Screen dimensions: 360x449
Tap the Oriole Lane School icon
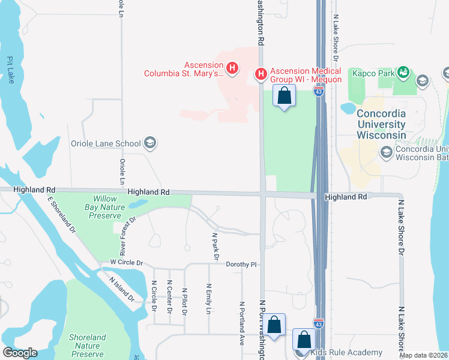pyautogui.click(x=149, y=143)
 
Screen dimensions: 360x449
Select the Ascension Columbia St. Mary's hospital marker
pyautogui.click(x=232, y=70)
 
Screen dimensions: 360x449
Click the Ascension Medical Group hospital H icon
pyautogui.click(x=261, y=74)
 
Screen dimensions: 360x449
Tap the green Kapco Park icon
pyautogui.click(x=403, y=73)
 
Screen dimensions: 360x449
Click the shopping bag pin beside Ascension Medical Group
pyautogui.click(x=284, y=95)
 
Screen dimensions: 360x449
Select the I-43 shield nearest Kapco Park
pyautogui.click(x=319, y=91)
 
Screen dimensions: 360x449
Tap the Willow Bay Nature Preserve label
pyautogui.click(x=100, y=207)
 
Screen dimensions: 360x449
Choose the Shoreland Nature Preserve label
pyautogui.click(x=88, y=346)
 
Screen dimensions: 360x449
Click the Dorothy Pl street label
pyautogui.click(x=241, y=264)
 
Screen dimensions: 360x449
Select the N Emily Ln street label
pyautogui.click(x=209, y=299)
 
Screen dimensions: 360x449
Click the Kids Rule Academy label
pyautogui.click(x=346, y=352)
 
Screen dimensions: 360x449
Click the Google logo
pyautogui.click(x=20, y=352)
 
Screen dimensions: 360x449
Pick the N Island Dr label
pyautogui.click(x=121, y=289)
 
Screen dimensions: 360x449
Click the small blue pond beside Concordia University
pyautogui.click(x=348, y=109)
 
